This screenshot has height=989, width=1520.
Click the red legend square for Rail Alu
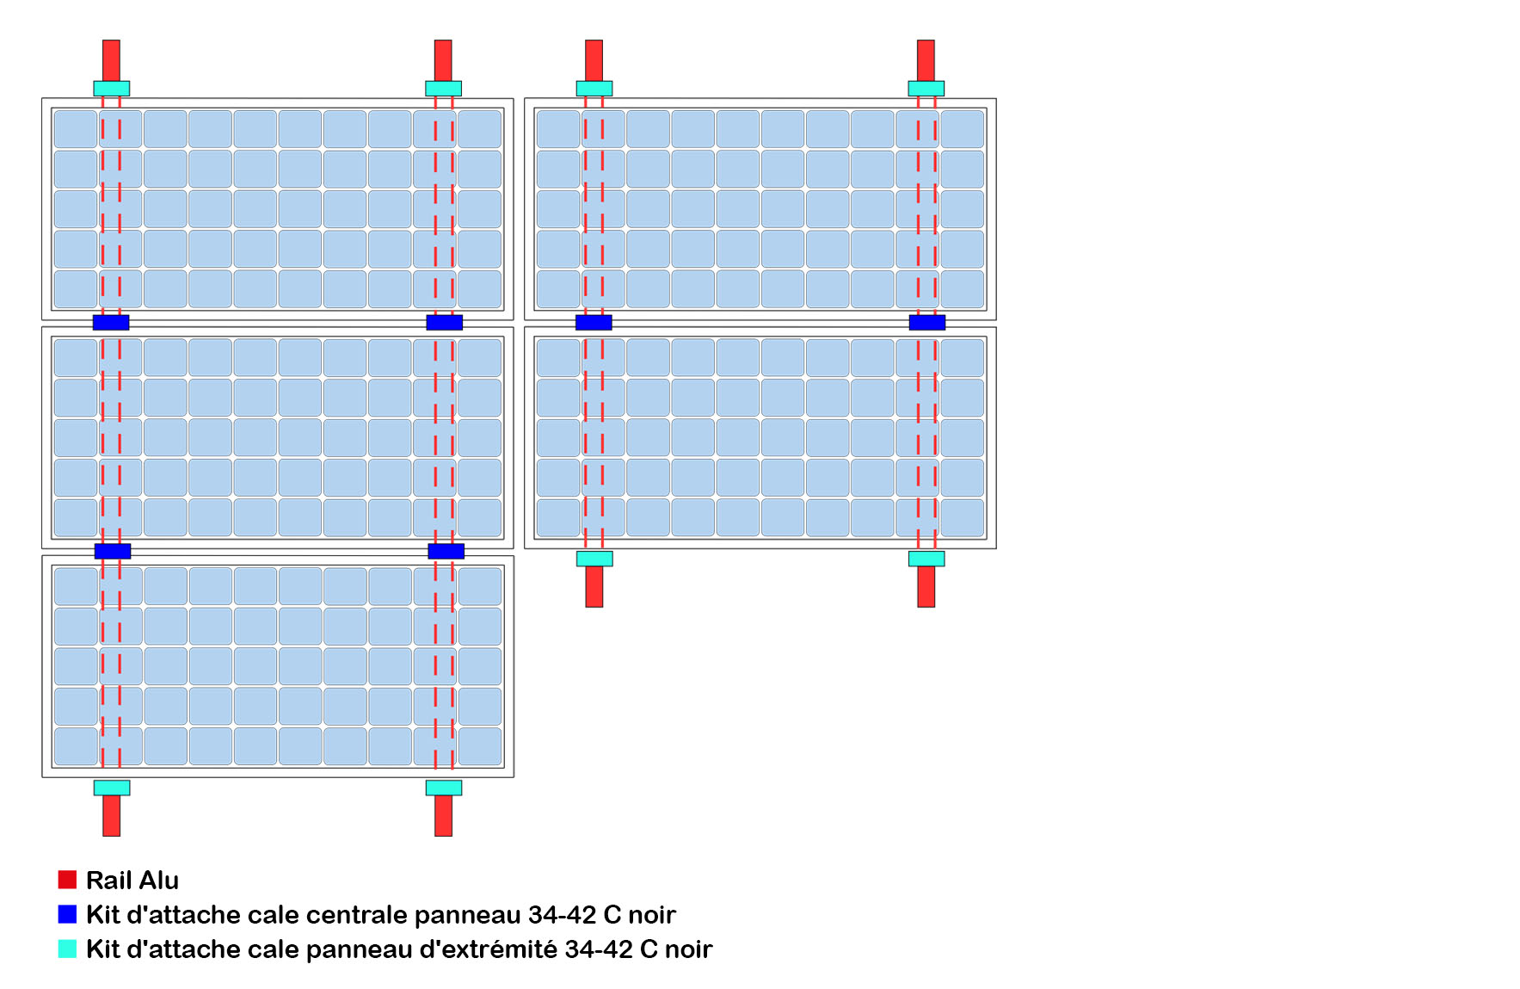[67, 879]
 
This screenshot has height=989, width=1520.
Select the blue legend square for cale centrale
[67, 913]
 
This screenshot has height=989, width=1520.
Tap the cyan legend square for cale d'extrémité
[67, 948]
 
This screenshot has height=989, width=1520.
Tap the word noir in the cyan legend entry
[688, 949]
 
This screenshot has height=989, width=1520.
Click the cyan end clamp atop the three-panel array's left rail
[111, 88]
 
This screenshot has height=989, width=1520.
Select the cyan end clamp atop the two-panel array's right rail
[926, 88]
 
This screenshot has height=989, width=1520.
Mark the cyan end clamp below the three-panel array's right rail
[443, 788]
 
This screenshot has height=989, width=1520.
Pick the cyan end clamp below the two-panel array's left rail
[594, 559]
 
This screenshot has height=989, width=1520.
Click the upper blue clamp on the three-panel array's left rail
[111, 322]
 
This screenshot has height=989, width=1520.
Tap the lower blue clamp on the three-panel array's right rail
[446, 551]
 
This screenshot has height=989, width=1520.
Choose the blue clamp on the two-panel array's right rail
[926, 322]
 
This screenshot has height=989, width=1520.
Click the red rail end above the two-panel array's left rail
[594, 59]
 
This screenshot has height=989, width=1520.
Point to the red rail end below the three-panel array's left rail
[111, 815]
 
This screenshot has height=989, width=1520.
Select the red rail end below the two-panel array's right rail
[926, 586]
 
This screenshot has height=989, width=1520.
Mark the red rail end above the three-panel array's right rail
[443, 59]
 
